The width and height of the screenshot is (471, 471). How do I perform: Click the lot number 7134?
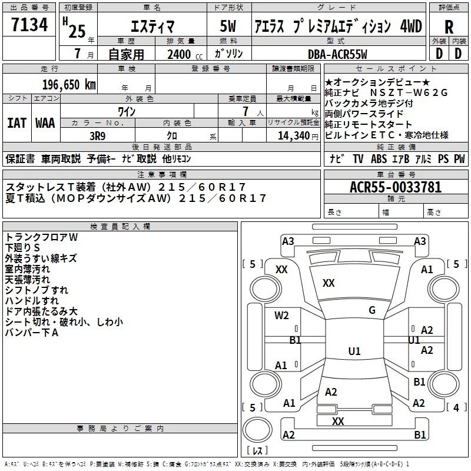(29, 25)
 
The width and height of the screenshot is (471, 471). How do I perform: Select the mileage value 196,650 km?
(69, 85)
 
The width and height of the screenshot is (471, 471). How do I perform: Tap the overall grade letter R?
(449, 27)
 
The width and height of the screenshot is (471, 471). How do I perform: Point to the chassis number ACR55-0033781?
(396, 187)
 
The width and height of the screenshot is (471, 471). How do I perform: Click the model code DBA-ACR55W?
(337, 54)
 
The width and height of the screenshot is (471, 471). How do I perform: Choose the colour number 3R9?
(98, 136)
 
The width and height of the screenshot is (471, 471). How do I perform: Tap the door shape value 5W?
(228, 26)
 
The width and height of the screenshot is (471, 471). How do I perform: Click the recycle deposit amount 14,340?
(294, 136)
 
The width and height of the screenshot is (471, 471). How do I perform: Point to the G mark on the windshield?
(372, 310)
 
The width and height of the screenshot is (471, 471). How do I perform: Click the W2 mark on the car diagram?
(281, 316)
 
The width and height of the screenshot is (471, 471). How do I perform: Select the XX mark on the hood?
(329, 283)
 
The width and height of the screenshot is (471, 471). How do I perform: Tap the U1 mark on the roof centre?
(354, 351)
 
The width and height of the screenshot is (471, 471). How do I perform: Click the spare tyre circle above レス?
(257, 429)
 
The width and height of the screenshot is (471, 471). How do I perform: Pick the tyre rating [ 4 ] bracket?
(456, 407)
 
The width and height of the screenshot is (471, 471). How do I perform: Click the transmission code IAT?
(16, 123)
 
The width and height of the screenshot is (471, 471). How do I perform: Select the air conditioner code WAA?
(45, 123)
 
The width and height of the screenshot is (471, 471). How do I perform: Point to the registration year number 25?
(77, 31)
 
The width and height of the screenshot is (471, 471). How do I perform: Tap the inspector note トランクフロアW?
(41, 237)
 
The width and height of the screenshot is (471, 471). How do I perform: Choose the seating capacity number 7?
(246, 112)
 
